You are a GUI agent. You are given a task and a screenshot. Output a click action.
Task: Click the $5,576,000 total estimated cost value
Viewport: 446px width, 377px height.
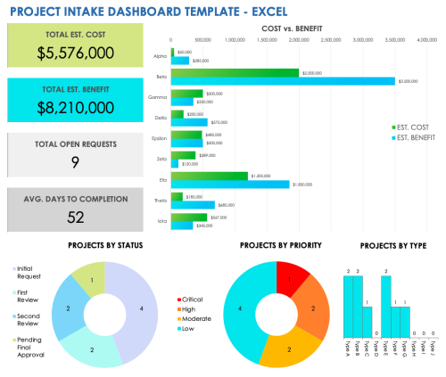[x=75, y=53]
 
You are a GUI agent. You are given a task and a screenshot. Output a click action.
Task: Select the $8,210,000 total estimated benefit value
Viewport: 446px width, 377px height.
[x=75, y=107]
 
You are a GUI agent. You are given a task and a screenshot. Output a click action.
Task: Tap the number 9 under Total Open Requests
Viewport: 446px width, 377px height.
[x=75, y=161]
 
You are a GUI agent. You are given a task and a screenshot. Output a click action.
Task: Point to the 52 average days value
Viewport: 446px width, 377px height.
[x=75, y=216]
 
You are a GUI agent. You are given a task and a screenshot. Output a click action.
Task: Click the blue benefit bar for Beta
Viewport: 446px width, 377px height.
[x=282, y=81]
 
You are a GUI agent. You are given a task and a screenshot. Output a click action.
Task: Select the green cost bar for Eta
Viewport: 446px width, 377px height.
[x=209, y=176]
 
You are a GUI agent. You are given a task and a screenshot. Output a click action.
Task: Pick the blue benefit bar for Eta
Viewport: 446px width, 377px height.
[x=230, y=184]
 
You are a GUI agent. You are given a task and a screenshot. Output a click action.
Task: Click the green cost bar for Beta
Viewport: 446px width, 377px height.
[x=235, y=72]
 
